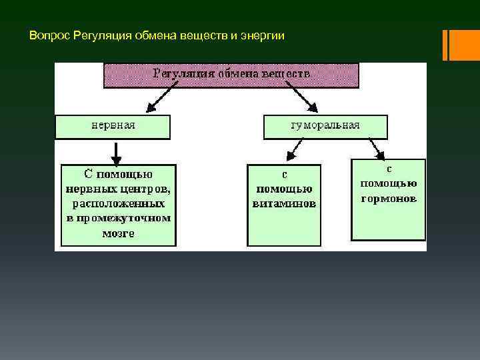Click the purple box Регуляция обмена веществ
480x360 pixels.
[x=231, y=75]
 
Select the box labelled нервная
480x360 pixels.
[x=113, y=125]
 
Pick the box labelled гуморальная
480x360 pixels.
[x=325, y=125]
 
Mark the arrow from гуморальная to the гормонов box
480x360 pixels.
[x=376, y=148]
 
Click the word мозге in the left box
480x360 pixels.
[x=119, y=233]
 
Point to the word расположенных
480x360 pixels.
[x=119, y=203]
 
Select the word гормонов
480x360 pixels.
[x=389, y=198]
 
